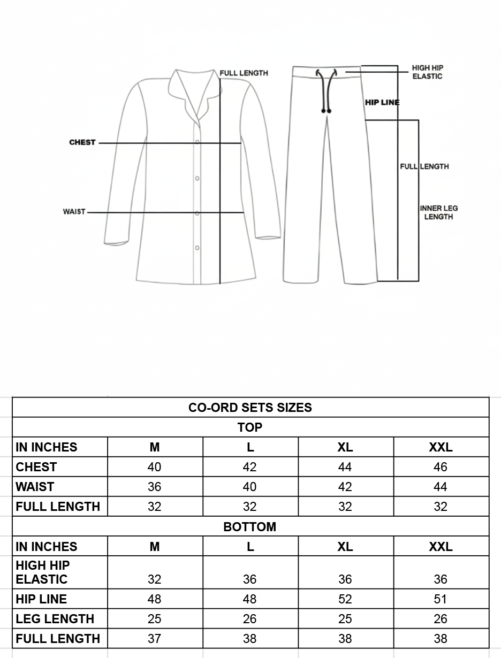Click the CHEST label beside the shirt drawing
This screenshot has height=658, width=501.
(x=82, y=142)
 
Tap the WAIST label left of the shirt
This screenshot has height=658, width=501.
(x=74, y=212)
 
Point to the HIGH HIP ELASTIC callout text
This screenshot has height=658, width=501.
(x=427, y=72)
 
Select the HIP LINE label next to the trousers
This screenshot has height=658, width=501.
(x=382, y=103)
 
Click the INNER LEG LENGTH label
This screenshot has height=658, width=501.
(x=439, y=212)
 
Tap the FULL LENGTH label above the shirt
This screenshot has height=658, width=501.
(x=244, y=73)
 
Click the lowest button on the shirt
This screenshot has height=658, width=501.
(x=198, y=248)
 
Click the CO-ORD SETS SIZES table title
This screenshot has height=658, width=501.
(x=250, y=408)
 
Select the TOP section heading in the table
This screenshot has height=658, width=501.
(x=250, y=427)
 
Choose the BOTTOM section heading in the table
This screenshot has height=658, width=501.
(x=250, y=527)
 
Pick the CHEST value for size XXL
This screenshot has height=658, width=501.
(x=441, y=467)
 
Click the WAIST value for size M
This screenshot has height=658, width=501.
(x=154, y=487)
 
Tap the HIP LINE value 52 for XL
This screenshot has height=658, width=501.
(x=345, y=599)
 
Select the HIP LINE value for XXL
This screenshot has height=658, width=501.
(x=441, y=599)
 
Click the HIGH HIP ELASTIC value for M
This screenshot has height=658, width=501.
(x=154, y=579)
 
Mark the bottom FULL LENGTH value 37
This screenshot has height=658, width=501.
(x=154, y=639)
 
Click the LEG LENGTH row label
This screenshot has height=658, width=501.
(x=55, y=619)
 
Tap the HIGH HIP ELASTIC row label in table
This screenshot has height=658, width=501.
(x=43, y=572)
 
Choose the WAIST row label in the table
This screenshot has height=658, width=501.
(x=35, y=487)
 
